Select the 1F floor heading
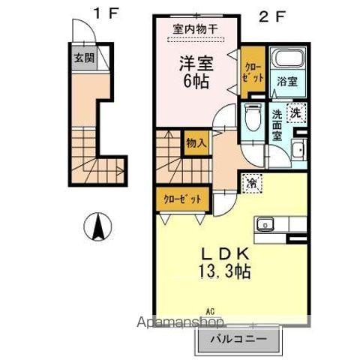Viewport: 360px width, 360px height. pyautogui.click(x=105, y=13)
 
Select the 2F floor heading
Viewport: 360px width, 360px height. pyautogui.click(x=272, y=13)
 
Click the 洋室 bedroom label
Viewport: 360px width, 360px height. pyautogui.click(x=196, y=64)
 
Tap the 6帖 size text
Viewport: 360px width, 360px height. pyautogui.click(x=196, y=82)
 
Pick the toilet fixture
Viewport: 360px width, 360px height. pyautogui.click(x=252, y=117)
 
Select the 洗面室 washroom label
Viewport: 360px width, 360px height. pyautogui.click(x=277, y=125)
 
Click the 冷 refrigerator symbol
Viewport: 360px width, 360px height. pyautogui.click(x=250, y=181)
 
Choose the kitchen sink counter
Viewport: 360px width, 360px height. pyautogui.click(x=280, y=224)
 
